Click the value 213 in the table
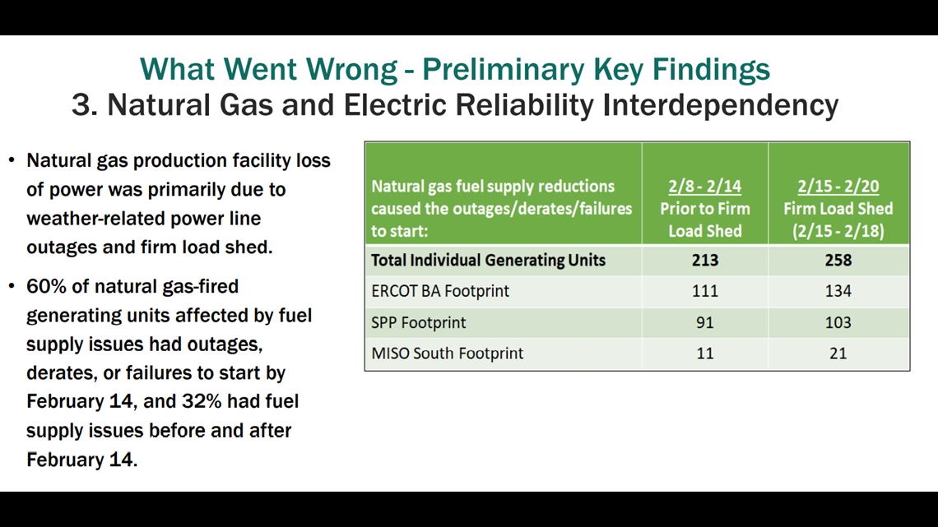click(704, 261)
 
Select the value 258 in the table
click(838, 261)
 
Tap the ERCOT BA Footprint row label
click(440, 291)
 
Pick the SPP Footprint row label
click(418, 322)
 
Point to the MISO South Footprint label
click(448, 354)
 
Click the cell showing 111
click(704, 291)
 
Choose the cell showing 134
click(838, 291)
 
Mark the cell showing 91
click(704, 322)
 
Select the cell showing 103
click(838, 322)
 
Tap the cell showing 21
click(838, 354)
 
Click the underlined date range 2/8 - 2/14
click(704, 187)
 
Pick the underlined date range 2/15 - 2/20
click(838, 187)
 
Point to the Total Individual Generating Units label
click(488, 261)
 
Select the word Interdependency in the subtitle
click(721, 105)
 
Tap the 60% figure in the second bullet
click(46, 287)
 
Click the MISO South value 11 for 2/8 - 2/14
click(704, 354)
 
